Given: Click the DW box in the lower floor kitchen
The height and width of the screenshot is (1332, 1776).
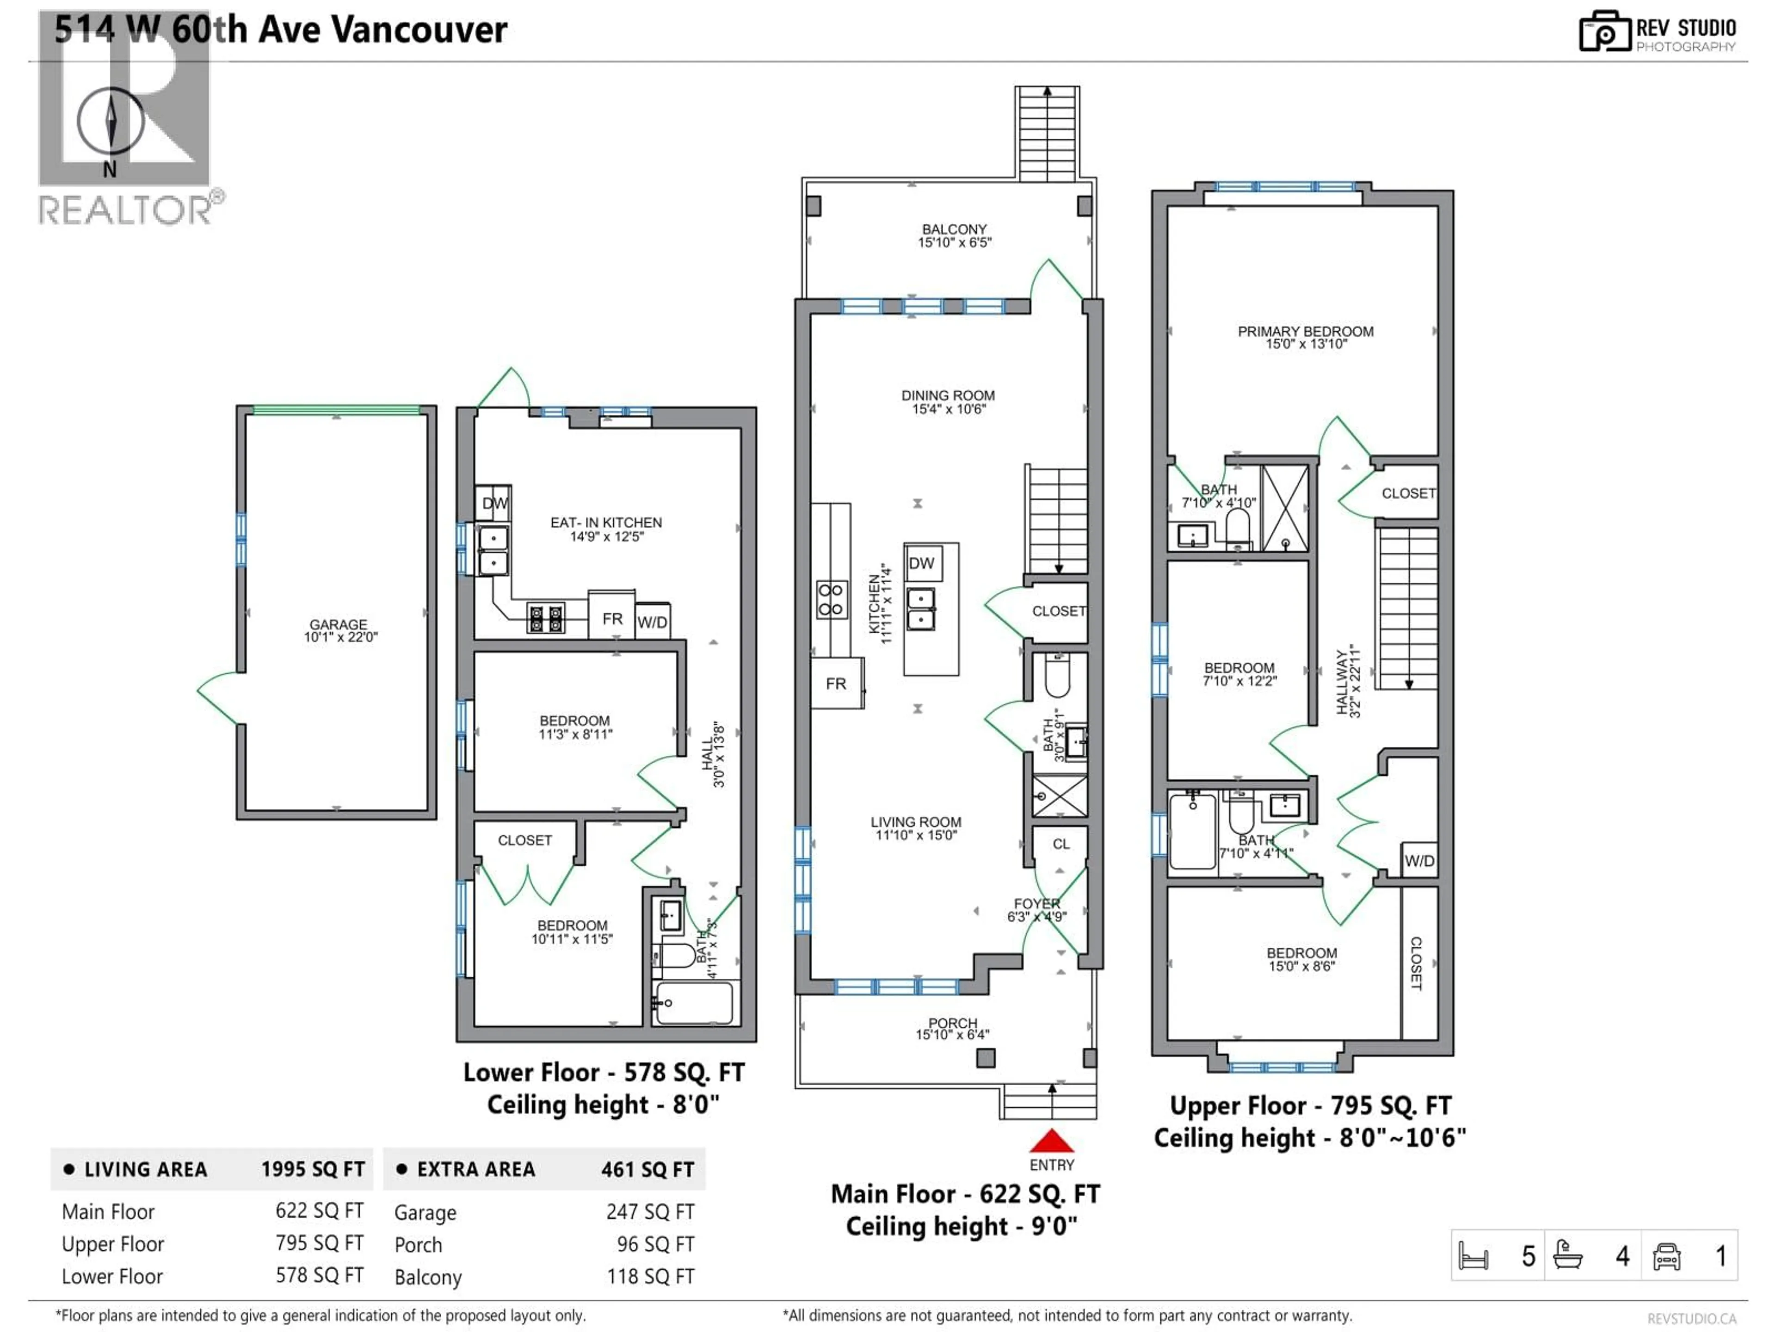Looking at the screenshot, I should coord(494,503).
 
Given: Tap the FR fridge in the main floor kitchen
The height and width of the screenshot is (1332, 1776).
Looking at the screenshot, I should coord(836,683).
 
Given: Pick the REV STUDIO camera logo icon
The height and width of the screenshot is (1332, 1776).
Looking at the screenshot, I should coord(1604,32).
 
